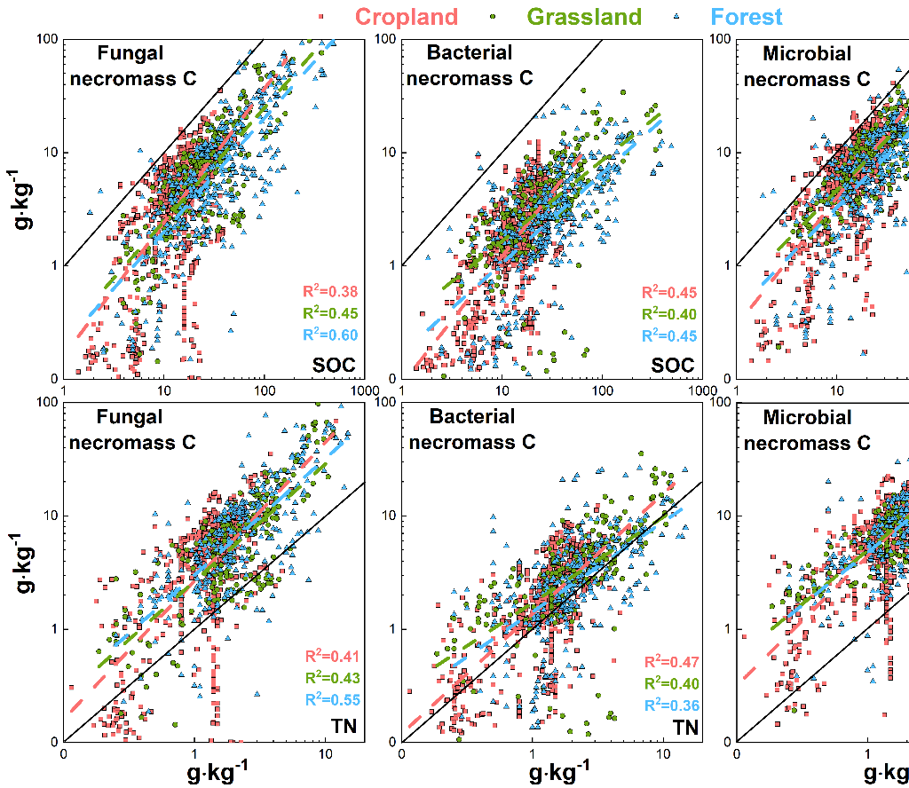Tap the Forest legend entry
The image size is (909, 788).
coord(733,16)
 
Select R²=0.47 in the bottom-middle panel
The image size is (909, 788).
coord(672,662)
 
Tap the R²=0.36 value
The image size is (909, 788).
coord(672,705)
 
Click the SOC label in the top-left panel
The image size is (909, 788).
coord(334,364)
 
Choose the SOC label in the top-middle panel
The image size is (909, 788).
coord(674,365)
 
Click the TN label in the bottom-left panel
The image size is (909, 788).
coord(343,727)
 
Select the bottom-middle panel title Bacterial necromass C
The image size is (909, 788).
coord(472,429)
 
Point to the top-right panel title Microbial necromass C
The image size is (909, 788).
coord(807,67)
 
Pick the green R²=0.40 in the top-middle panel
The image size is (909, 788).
coord(670,314)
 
